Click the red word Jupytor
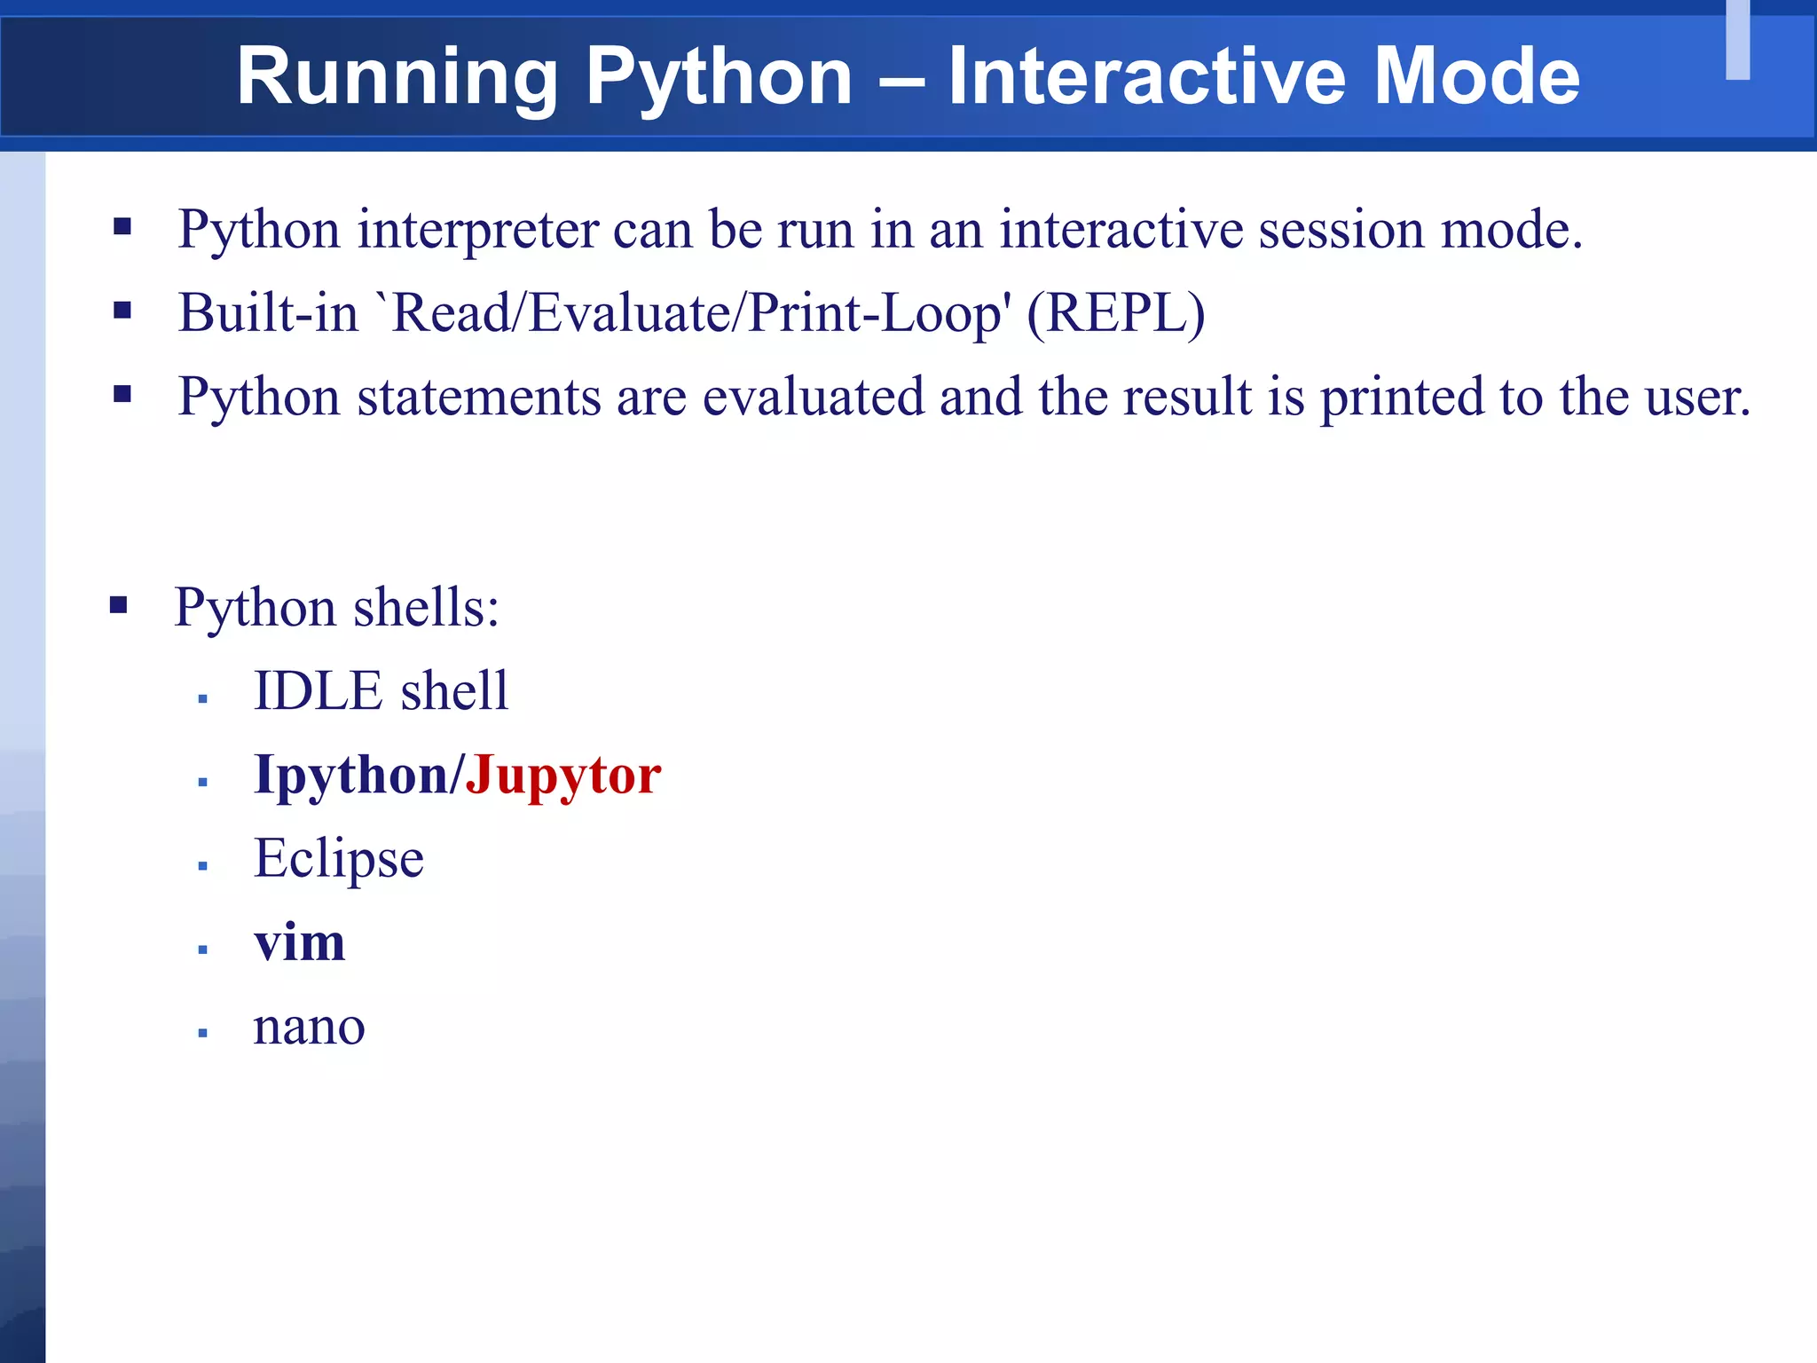tap(563, 776)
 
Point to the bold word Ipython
tap(351, 776)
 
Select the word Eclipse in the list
tap(339, 859)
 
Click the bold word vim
tap(299, 941)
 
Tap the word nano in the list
tap(309, 1027)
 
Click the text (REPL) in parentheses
tap(1115, 313)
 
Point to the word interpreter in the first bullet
tap(478, 230)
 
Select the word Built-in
tap(268, 313)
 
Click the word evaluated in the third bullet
tap(813, 397)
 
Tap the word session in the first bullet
tap(1341, 230)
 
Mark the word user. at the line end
tap(1698, 397)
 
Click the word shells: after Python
tap(427, 608)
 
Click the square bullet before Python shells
tap(119, 606)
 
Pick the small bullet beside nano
tap(203, 1033)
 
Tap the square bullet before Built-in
tap(122, 311)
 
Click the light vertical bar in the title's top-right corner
tap(1737, 40)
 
